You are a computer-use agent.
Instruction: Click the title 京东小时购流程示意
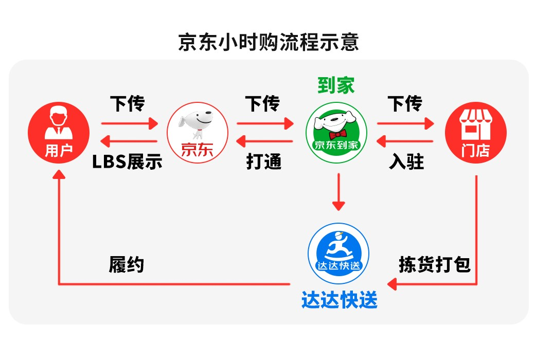click(x=268, y=42)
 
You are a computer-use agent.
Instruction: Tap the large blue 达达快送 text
click(x=339, y=299)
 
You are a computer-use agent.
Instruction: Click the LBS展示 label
click(x=127, y=162)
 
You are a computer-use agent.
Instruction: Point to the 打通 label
click(x=264, y=162)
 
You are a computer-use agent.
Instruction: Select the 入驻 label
click(x=406, y=162)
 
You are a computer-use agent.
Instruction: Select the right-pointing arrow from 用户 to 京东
click(x=129, y=123)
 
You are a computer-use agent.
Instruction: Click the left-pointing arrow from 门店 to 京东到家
click(x=404, y=141)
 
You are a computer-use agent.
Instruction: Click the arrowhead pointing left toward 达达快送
click(x=393, y=283)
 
